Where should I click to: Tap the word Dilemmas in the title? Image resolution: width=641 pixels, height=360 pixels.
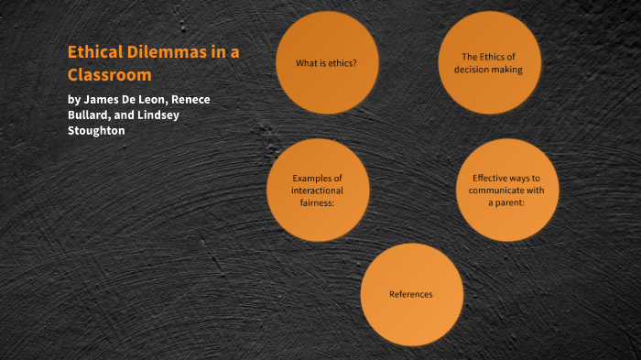coord(173,53)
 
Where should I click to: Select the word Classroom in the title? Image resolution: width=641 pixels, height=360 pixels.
coord(109,74)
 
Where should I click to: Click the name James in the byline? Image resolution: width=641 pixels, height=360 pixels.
coord(105,99)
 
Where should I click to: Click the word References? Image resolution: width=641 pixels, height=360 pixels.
coord(411,294)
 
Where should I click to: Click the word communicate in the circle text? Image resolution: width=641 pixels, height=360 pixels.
coord(491,190)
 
